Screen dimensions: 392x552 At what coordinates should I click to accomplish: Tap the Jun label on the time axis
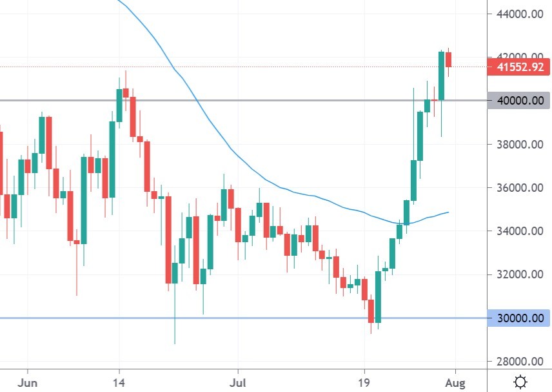point(28,382)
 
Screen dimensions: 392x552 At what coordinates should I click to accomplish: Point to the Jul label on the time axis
point(238,382)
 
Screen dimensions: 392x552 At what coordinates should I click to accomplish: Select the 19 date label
point(364,382)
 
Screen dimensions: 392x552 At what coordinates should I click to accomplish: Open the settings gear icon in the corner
point(520,382)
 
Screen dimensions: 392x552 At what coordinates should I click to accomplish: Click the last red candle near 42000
point(449,59)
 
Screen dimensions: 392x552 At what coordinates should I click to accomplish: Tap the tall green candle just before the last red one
point(442,76)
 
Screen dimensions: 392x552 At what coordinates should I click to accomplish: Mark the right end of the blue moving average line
point(449,212)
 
